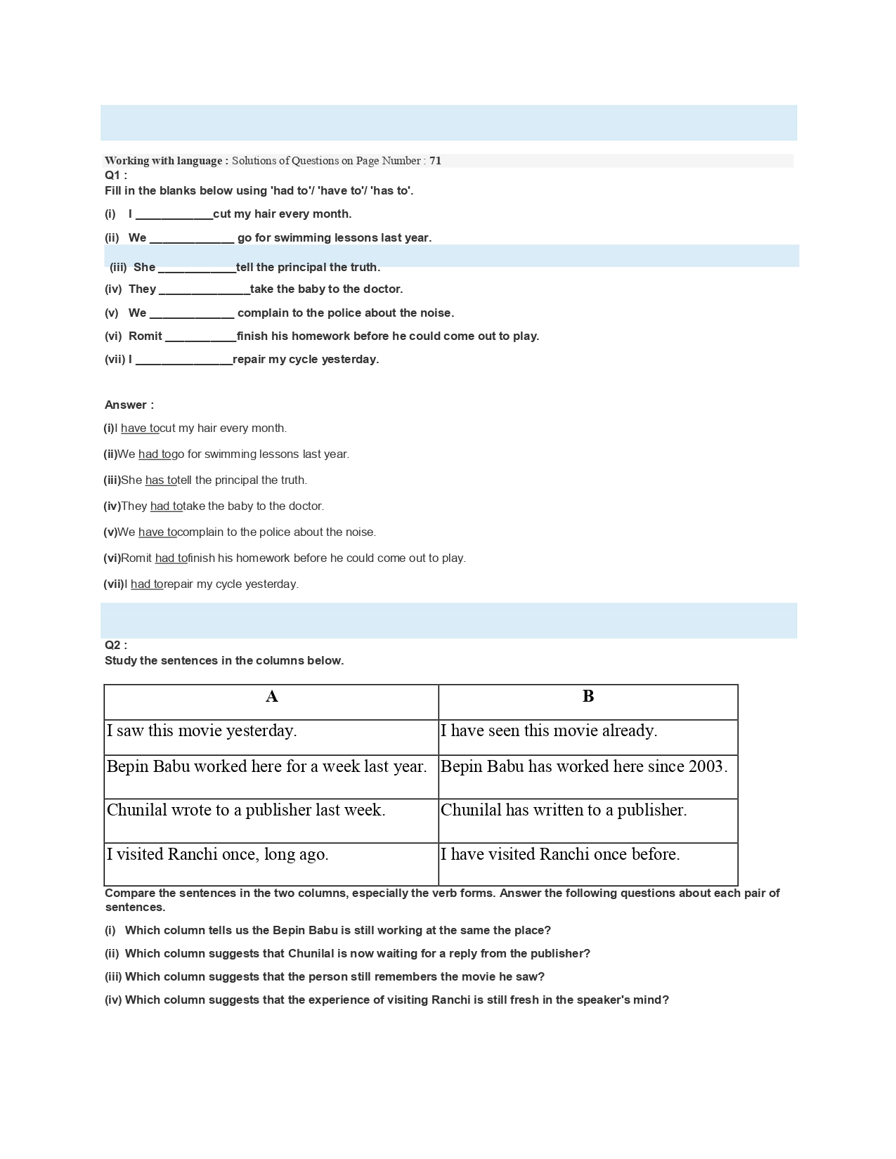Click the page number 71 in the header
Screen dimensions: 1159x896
coord(436,161)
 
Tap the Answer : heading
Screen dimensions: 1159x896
coord(129,405)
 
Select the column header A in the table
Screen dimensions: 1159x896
coord(272,697)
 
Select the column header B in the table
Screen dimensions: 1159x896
coord(588,696)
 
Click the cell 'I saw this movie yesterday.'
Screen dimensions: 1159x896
coord(202,731)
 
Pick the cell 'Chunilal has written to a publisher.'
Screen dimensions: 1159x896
coord(564,811)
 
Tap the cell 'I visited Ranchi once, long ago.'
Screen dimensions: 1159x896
coord(218,855)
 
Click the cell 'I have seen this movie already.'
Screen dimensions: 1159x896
coord(549,731)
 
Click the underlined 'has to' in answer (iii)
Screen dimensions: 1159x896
coord(161,480)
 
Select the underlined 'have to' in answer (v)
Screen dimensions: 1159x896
coord(157,532)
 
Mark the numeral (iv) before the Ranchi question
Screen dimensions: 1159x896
coord(113,1000)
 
